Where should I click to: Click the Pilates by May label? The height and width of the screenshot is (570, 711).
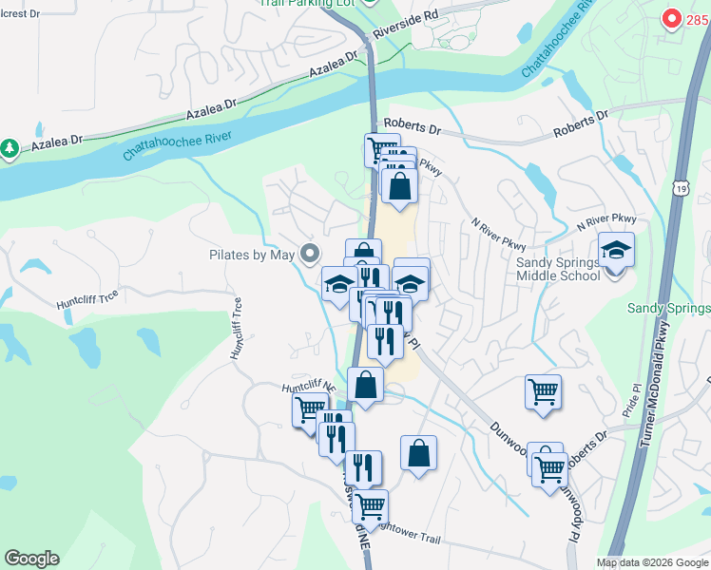pyautogui.click(x=252, y=255)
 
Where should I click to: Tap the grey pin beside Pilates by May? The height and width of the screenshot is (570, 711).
pyautogui.click(x=309, y=254)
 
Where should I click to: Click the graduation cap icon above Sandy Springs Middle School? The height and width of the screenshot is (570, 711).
pyautogui.click(x=616, y=250)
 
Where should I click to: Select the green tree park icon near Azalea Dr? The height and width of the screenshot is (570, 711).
pyautogui.click(x=10, y=148)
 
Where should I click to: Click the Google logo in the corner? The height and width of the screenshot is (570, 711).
pyautogui.click(x=31, y=559)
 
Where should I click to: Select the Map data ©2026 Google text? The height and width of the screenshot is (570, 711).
pyautogui.click(x=653, y=562)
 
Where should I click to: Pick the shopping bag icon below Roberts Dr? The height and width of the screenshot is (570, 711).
pyautogui.click(x=400, y=185)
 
